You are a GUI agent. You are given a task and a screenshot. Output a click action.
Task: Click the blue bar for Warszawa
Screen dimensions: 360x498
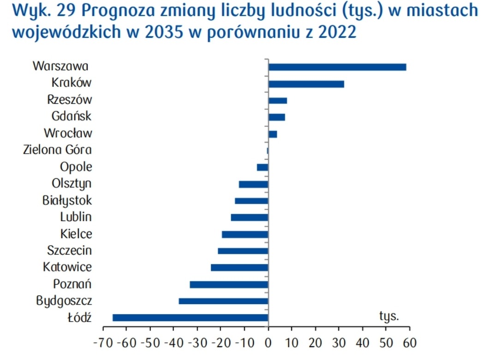(x=337, y=67)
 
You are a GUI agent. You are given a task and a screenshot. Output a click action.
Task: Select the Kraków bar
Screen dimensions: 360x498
(x=306, y=84)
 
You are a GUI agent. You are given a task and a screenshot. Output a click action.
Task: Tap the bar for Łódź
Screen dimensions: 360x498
(x=190, y=318)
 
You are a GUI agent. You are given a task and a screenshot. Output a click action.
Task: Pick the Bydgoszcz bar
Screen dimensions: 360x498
(x=223, y=301)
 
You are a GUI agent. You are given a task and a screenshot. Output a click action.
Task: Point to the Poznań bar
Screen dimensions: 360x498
(x=229, y=284)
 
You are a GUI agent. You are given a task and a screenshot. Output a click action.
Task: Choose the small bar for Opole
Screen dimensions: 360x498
(x=263, y=167)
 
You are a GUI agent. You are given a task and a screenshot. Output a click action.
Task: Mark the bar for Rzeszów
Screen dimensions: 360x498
(x=277, y=101)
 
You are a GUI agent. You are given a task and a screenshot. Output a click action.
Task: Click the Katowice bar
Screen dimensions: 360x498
(x=240, y=268)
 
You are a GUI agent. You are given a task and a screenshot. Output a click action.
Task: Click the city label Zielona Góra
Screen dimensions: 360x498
(x=57, y=150)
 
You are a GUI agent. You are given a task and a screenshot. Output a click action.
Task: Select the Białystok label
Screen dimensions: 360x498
(x=66, y=200)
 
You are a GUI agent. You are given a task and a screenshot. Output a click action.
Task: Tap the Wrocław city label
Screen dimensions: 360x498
(x=68, y=133)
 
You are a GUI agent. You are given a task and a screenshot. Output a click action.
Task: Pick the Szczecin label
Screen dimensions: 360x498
(x=69, y=251)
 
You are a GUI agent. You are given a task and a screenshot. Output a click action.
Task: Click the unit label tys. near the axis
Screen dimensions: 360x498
(x=389, y=316)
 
